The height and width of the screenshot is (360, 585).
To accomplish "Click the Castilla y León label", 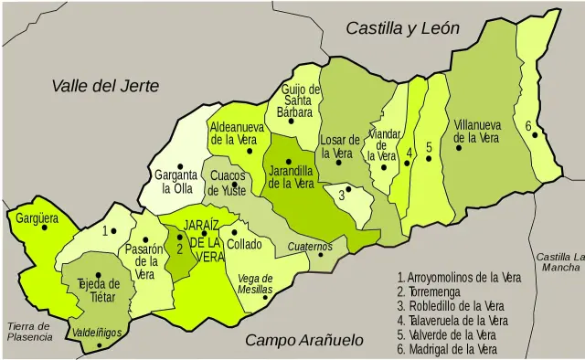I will coord(402,29).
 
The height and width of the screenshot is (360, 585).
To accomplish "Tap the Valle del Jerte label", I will coord(105,86).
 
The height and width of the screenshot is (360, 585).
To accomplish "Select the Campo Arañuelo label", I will coord(304,341).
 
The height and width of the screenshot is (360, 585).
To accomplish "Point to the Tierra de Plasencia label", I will coord(30,331).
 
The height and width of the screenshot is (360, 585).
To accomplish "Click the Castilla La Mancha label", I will coord(559,261).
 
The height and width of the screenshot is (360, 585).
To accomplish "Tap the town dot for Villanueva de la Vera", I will coord(459,147).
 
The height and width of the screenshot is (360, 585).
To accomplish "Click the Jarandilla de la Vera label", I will coord(291,176).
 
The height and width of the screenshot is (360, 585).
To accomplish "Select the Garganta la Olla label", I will coord(175,182).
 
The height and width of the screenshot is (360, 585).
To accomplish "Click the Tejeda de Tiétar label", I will coord(99,290).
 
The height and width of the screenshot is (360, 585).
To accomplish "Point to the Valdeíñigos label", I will coord(96,333).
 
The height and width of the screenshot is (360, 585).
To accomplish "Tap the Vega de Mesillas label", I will coord(255,283).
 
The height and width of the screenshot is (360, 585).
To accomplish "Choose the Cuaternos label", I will coord(309,247).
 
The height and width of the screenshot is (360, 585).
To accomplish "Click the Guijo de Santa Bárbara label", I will coord(300,101).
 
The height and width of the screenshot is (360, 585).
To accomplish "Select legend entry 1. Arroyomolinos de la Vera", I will coord(460,277).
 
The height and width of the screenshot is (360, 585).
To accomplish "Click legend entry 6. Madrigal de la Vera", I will coord(447,349).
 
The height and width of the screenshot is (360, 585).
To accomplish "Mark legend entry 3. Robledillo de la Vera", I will coord(452,305).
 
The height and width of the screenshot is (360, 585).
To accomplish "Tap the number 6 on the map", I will coord(528,125).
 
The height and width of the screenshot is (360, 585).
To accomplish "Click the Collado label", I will coord(244,244).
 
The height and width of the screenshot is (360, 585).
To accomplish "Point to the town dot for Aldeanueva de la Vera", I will coord(250,150).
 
